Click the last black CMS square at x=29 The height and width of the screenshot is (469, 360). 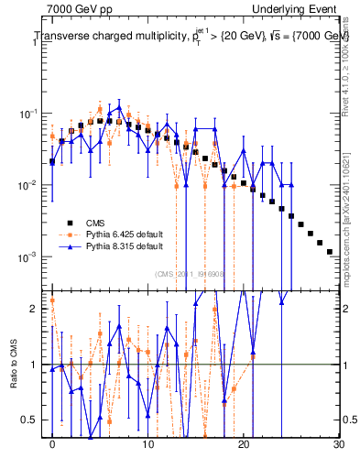pos(330,251)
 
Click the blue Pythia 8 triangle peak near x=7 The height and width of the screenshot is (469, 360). pos(119,107)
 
